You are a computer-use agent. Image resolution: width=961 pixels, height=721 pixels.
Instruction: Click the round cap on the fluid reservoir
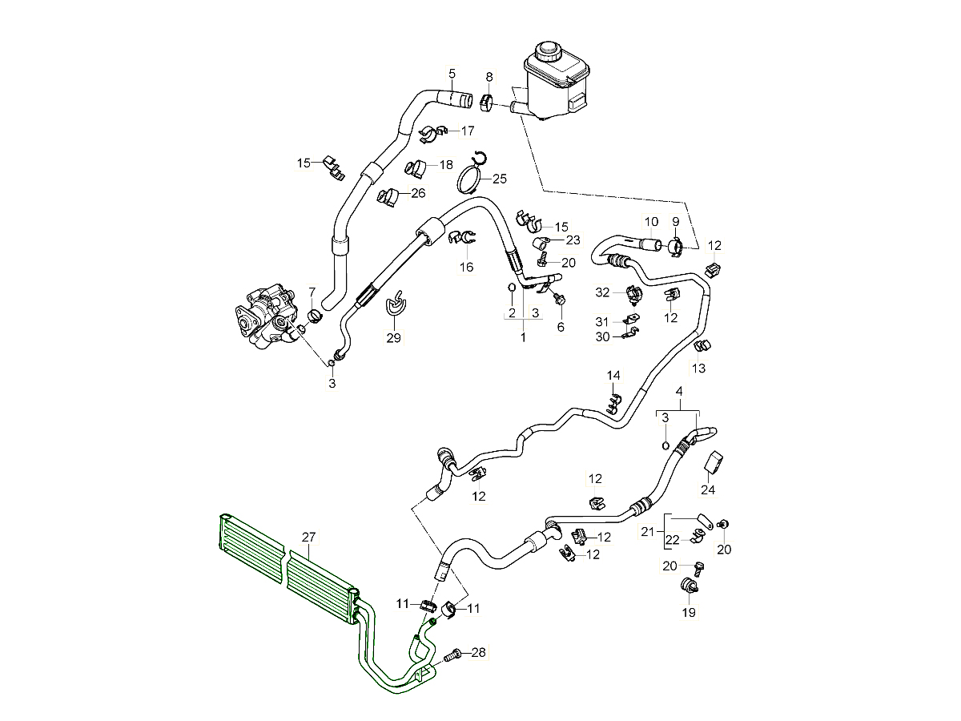pyautogui.click(x=548, y=51)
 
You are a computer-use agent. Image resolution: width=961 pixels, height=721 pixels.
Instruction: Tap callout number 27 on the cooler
pyautogui.click(x=308, y=538)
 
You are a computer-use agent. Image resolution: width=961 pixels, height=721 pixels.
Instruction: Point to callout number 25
pyautogui.click(x=500, y=178)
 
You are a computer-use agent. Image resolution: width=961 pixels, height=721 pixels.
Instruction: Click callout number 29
pyautogui.click(x=393, y=338)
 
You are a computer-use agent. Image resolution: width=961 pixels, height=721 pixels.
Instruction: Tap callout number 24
pyautogui.click(x=708, y=489)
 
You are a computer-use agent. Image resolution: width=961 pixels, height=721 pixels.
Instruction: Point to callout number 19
pyautogui.click(x=689, y=613)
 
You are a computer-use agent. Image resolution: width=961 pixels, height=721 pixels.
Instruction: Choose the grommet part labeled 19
pyautogui.click(x=688, y=584)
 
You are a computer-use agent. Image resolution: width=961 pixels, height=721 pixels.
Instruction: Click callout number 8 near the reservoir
pyautogui.click(x=489, y=76)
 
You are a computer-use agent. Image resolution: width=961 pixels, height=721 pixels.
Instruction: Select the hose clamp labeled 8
pyautogui.click(x=486, y=103)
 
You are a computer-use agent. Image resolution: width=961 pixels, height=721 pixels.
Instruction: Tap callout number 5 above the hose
pyautogui.click(x=452, y=74)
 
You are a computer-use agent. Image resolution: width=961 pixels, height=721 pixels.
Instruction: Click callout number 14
pyautogui.click(x=613, y=376)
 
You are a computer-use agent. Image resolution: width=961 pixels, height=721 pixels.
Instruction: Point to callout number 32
pyautogui.click(x=603, y=292)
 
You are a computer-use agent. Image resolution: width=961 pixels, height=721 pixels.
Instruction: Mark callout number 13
pyautogui.click(x=699, y=368)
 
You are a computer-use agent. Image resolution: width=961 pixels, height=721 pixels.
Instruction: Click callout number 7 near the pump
pyautogui.click(x=312, y=291)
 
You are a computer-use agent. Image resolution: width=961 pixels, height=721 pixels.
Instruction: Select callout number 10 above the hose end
pyautogui.click(x=651, y=221)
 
